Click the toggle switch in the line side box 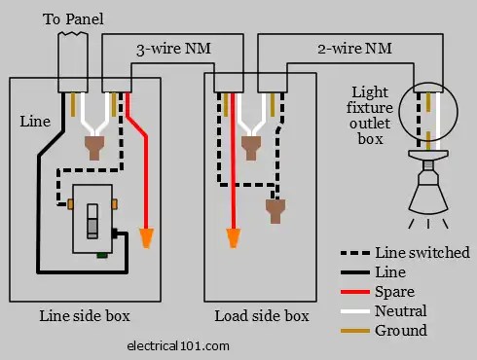92,220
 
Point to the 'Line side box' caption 85,316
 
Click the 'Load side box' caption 262,316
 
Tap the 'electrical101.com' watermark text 178,344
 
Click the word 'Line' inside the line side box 35,122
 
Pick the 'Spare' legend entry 394,292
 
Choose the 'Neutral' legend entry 402,311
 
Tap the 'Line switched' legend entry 422,253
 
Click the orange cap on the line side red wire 147,236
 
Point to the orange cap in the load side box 234,236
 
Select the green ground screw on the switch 101,256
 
